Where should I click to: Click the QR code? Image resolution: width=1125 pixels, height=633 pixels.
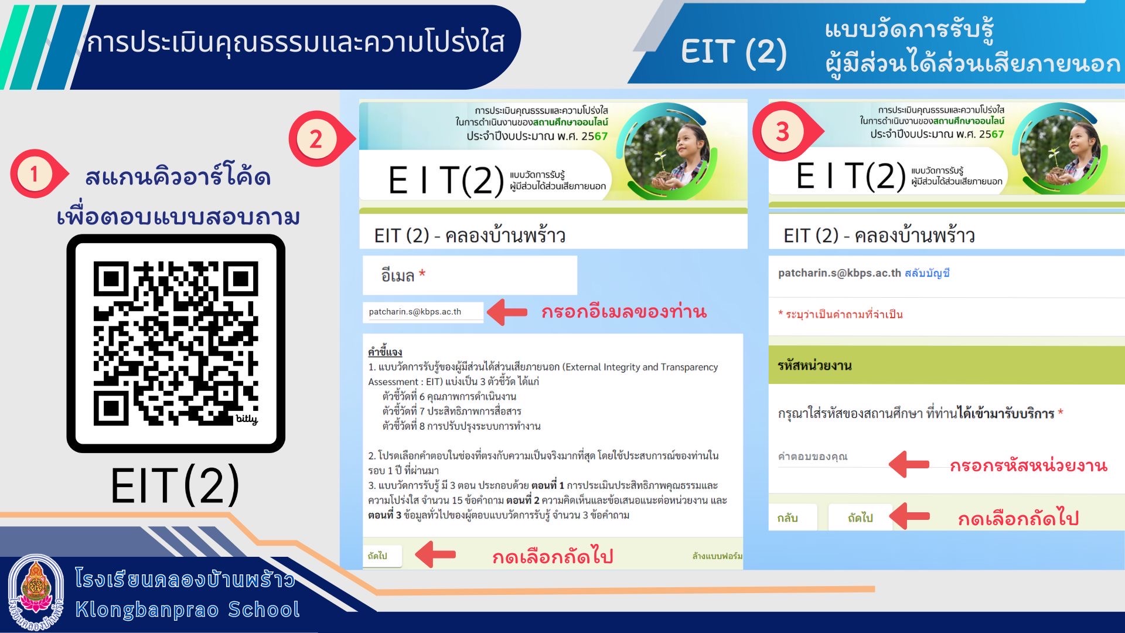(176, 343)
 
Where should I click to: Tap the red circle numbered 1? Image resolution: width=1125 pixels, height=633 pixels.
(34, 173)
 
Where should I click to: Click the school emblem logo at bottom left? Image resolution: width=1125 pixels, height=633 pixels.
(36, 593)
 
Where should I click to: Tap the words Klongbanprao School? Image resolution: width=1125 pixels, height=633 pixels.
(187, 610)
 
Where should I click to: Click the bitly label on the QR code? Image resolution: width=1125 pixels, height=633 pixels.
(247, 419)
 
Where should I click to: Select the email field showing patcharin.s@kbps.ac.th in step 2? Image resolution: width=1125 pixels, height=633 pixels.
(423, 312)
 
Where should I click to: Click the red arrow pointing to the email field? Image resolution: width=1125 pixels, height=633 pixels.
(507, 312)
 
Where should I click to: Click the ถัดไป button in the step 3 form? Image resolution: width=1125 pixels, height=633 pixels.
(860, 518)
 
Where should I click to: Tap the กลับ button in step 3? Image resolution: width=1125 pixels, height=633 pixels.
(787, 518)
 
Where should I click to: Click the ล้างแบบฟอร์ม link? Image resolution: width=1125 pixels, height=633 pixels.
(717, 556)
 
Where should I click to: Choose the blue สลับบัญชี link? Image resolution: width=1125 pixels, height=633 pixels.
(927, 273)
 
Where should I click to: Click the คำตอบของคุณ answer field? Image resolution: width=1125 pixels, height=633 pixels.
(832, 457)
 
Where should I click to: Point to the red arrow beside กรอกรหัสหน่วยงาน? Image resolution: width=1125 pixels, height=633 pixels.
(909, 464)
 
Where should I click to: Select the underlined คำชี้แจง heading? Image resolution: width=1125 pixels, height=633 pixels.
(385, 352)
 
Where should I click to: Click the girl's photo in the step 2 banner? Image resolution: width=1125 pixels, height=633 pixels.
(666, 151)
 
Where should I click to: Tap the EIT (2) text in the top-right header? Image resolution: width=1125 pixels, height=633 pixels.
(733, 52)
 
